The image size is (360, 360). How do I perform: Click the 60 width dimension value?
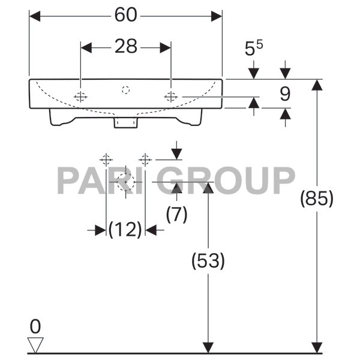(125, 16)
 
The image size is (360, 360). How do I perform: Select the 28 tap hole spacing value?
(126, 46)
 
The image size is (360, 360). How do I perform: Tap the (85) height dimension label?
(316, 199)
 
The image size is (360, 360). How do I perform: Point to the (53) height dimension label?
(208, 260)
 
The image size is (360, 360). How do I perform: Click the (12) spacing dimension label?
(125, 229)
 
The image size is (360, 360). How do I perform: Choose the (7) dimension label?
(176, 214)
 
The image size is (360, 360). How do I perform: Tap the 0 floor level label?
(35, 327)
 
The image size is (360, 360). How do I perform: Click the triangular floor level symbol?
(35, 345)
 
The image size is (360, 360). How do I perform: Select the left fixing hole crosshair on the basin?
(80, 97)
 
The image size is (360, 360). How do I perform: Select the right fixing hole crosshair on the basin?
(171, 97)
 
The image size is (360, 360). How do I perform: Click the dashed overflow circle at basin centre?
(125, 90)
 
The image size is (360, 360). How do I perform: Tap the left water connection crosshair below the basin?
(106, 160)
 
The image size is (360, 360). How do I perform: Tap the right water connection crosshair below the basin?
(145, 160)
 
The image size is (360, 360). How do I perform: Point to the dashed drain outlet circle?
(125, 181)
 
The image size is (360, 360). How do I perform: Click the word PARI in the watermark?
(99, 181)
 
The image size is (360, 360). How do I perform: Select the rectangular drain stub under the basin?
(125, 122)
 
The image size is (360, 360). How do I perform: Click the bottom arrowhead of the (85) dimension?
(316, 347)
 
